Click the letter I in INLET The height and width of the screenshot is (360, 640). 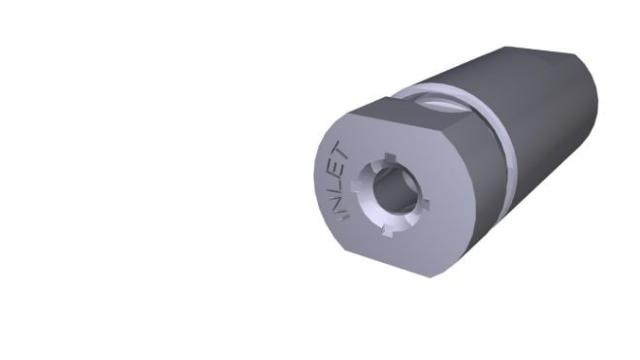click(342, 215)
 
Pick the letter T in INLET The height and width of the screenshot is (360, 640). click(341, 150)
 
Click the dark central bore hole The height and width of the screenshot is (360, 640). click(394, 190)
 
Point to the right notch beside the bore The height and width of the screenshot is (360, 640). click(426, 205)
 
